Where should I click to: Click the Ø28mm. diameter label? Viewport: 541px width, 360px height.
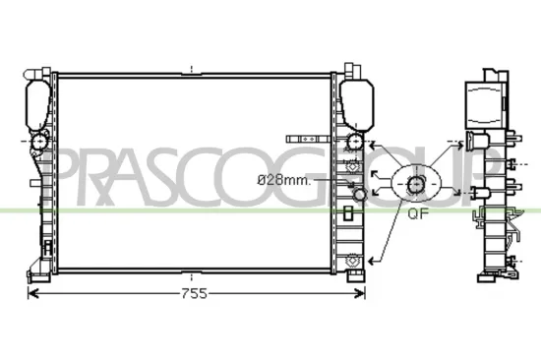[283, 180]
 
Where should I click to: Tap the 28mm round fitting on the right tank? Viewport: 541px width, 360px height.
[358, 196]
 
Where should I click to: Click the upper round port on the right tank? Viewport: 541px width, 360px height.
[354, 143]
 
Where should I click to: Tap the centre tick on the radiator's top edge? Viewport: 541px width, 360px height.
[194, 69]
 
